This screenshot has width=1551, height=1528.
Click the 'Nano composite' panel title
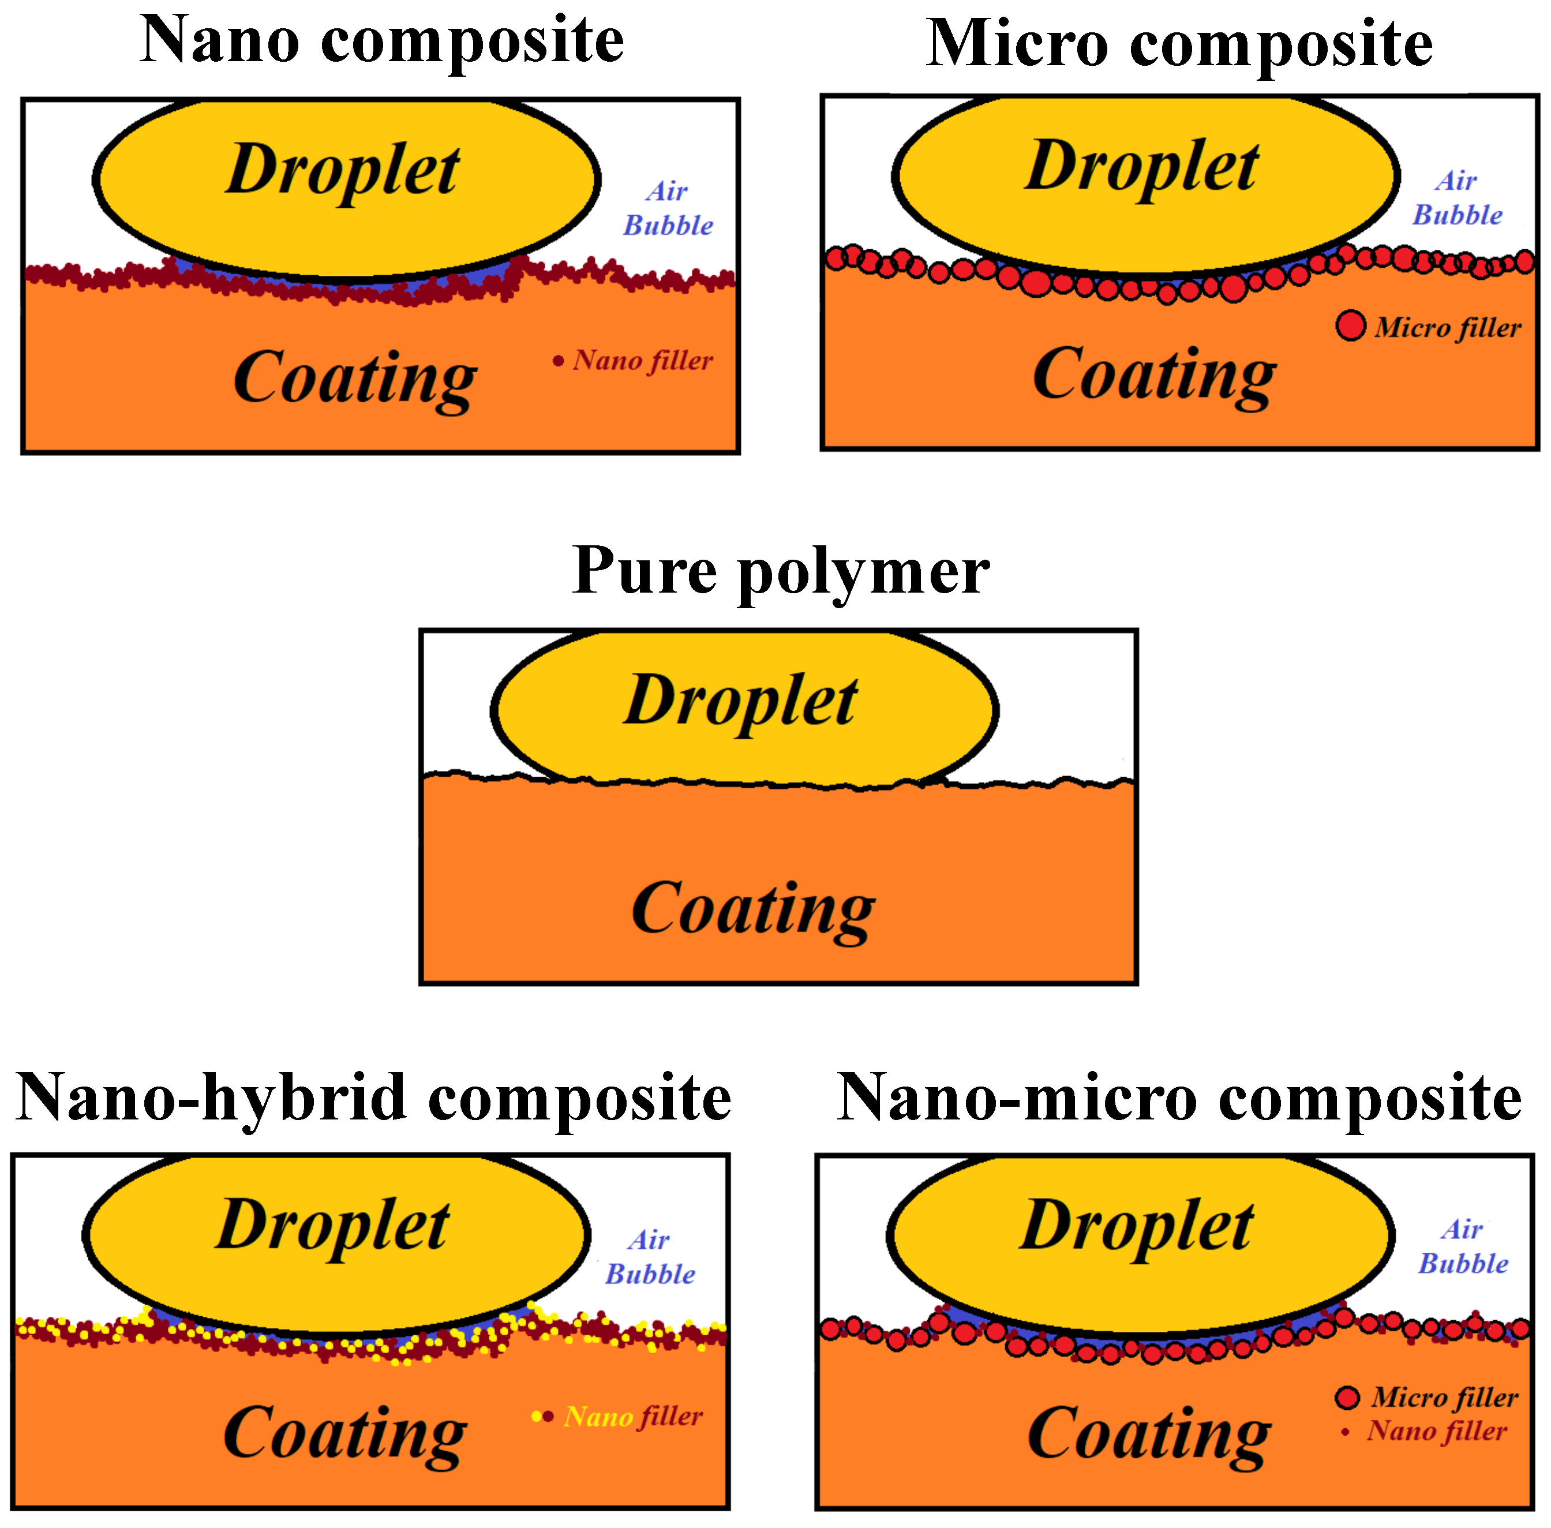(381, 42)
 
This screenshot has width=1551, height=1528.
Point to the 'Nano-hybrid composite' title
(373, 1098)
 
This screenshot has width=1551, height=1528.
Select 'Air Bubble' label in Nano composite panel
(668, 209)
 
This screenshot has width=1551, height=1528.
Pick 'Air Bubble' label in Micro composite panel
(1456, 199)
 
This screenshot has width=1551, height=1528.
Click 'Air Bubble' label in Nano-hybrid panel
(649, 1257)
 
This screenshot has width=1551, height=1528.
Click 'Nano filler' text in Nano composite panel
(642, 360)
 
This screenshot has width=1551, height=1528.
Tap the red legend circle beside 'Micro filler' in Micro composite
(1350, 325)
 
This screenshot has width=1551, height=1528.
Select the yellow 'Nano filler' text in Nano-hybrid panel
(632, 1417)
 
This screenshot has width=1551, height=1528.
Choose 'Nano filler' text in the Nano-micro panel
(1436, 1431)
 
